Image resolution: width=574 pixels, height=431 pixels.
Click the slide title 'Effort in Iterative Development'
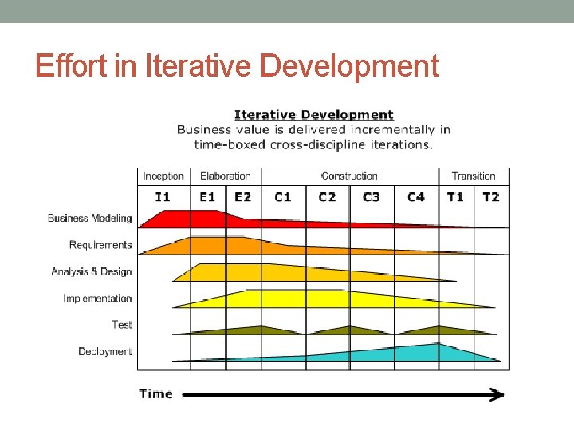tap(237, 65)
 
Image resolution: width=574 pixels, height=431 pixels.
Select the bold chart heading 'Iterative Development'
tap(313, 115)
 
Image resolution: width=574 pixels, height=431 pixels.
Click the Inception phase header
tap(163, 176)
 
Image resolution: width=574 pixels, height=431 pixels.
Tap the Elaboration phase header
tap(226, 176)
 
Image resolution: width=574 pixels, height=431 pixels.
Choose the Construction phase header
tap(349, 176)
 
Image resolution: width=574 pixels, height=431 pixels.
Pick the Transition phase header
tap(474, 176)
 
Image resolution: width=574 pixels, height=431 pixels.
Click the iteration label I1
tap(163, 196)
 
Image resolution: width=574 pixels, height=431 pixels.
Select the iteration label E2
tap(242, 196)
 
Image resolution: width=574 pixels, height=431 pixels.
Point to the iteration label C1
tap(283, 196)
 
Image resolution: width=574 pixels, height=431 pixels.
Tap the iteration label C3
tap(372, 196)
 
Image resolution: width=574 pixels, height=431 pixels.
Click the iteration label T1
tap(455, 196)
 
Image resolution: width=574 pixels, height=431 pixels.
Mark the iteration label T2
tap(491, 196)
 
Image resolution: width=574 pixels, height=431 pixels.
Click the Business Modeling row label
tap(89, 218)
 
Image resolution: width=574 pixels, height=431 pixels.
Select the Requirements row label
tap(100, 245)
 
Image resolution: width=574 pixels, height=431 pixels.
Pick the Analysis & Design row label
tap(92, 271)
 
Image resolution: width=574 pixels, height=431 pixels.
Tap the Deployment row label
tap(105, 351)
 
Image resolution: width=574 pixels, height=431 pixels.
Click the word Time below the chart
tap(156, 393)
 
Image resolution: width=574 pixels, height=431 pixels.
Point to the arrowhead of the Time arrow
tap(497, 393)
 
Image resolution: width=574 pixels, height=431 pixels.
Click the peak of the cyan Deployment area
tap(438, 346)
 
